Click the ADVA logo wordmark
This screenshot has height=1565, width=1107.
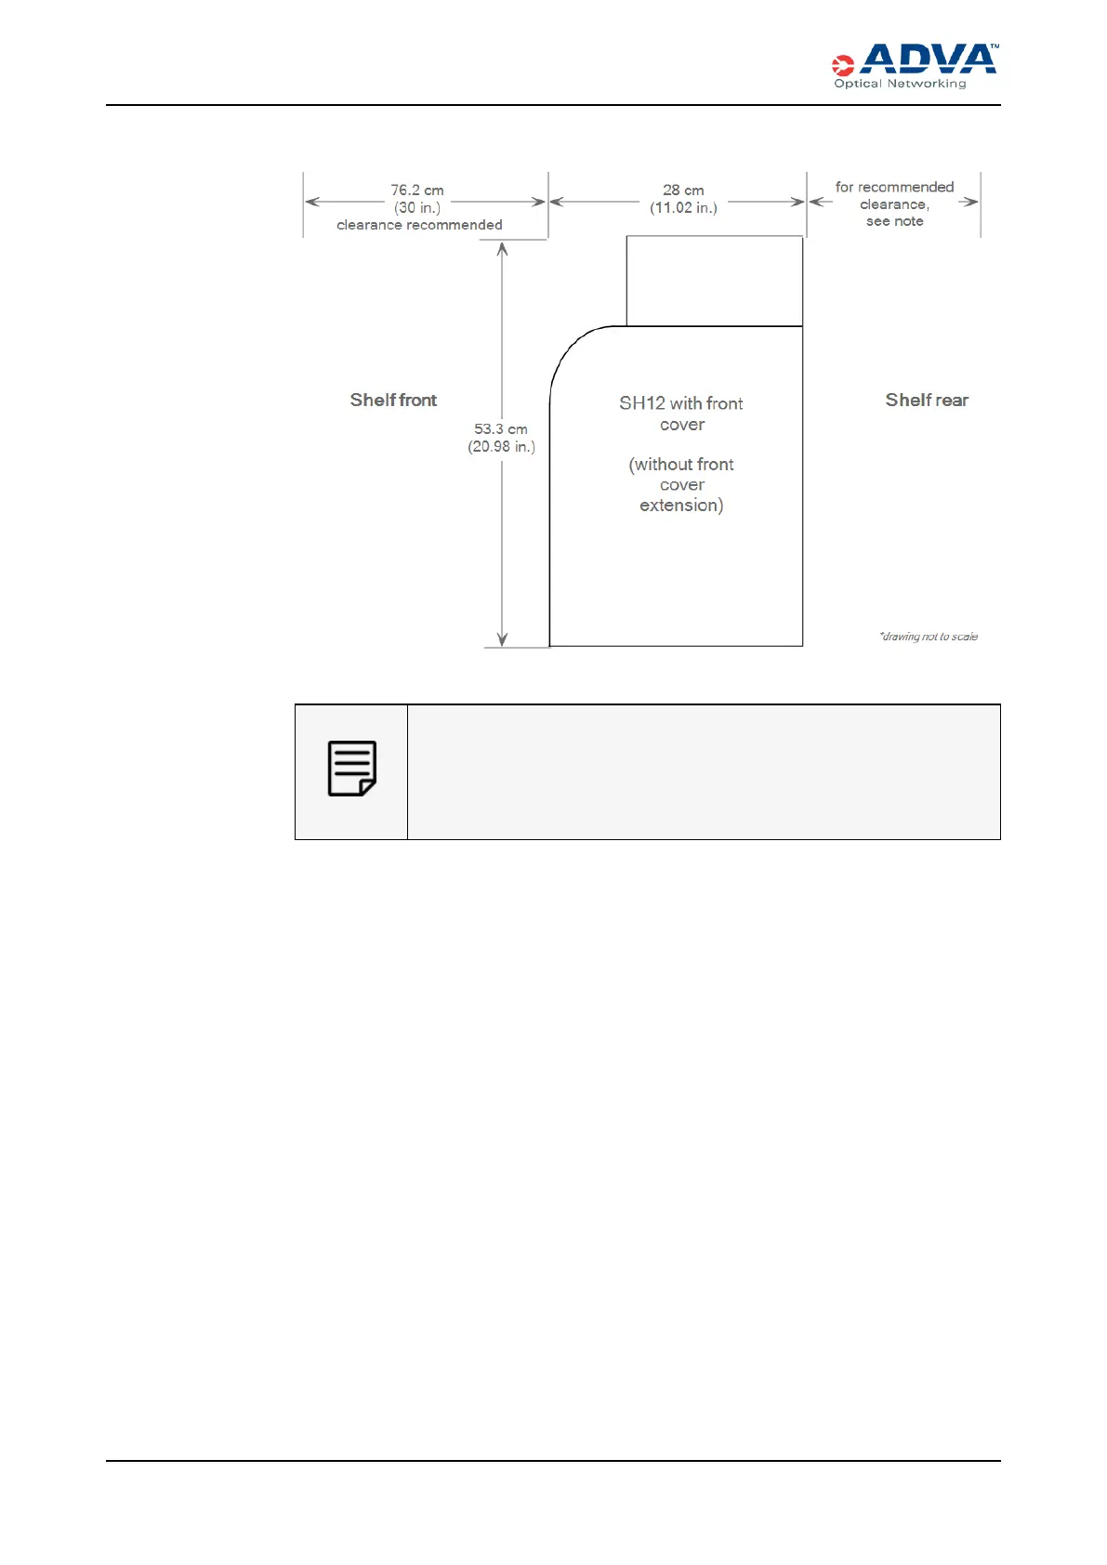tap(928, 59)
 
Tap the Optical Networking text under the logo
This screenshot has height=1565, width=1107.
tap(900, 84)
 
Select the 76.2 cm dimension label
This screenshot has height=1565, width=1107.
tap(417, 191)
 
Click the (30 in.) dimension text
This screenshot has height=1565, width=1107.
tap(417, 207)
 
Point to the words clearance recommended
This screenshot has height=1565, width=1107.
tap(419, 225)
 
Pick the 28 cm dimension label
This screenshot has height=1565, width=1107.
tap(683, 191)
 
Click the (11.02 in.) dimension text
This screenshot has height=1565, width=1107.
tap(683, 207)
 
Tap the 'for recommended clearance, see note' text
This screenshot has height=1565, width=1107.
tap(894, 204)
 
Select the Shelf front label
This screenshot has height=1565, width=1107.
tap(393, 400)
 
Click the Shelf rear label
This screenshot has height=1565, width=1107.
tap(927, 400)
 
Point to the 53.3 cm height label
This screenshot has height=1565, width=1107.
tap(501, 429)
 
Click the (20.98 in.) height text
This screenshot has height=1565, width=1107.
tap(501, 447)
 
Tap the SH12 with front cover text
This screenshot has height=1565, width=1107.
tap(681, 414)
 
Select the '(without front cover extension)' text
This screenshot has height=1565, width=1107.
tap(681, 484)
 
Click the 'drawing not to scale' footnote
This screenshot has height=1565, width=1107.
tap(929, 637)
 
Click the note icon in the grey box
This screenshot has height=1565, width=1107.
tap(352, 769)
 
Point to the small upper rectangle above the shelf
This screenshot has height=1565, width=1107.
tap(714, 281)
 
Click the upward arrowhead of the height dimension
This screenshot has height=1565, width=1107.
tap(502, 249)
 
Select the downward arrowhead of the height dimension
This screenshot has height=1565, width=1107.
tap(502, 638)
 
